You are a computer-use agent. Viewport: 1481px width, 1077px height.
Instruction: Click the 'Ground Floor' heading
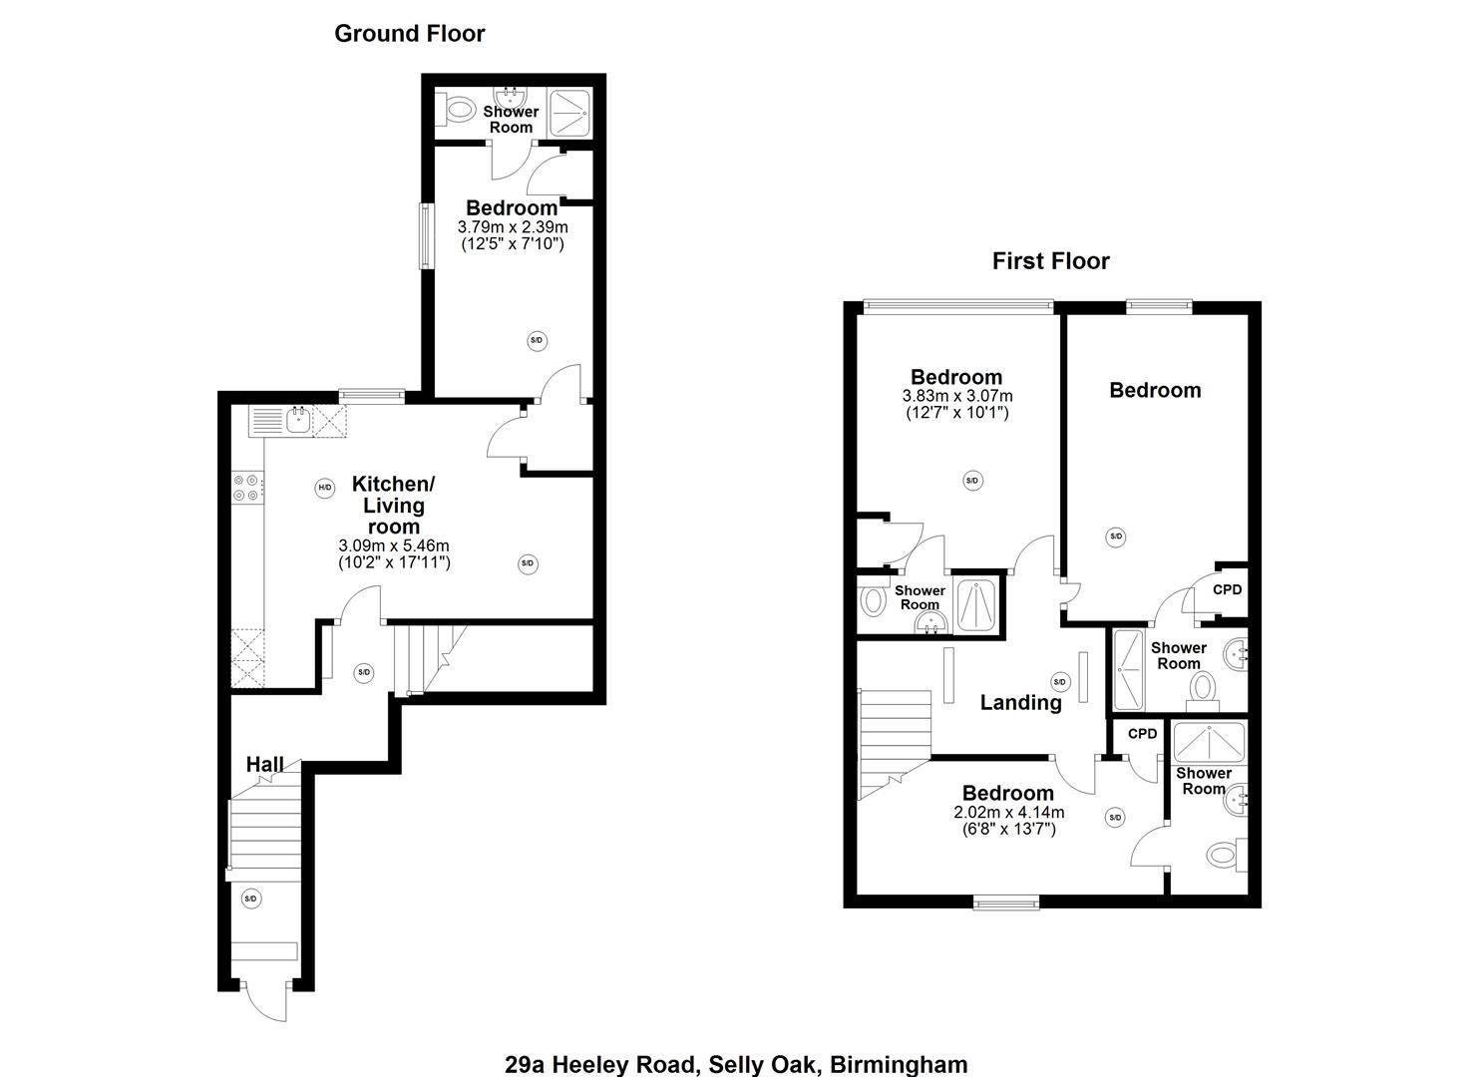point(409,33)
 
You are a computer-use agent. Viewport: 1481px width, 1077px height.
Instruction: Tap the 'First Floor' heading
point(1050,261)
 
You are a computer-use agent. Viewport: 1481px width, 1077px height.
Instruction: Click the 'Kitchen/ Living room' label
point(393,505)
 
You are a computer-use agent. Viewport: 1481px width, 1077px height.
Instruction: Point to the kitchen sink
point(297,420)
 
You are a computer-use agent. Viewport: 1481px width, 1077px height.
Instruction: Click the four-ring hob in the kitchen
point(247,488)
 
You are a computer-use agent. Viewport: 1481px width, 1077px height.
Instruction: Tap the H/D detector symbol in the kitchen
point(324,488)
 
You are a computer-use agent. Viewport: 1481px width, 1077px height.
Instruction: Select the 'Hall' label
point(265,765)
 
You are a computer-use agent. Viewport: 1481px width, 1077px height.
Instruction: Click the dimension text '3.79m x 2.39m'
point(512,227)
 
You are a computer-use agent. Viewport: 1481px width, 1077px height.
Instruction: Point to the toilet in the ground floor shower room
point(459,109)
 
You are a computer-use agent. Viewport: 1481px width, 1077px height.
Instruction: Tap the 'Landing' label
point(1020,702)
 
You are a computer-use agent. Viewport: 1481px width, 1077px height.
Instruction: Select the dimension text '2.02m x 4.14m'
point(1008,813)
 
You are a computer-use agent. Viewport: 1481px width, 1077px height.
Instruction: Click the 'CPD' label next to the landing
point(1142,733)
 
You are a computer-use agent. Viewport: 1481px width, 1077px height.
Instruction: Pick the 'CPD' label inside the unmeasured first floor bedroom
point(1227,589)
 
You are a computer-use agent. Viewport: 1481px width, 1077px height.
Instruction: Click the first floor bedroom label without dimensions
point(1155,390)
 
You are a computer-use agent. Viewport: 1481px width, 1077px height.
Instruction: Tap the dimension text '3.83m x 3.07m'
point(956,396)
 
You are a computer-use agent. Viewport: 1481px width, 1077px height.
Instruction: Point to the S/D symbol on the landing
point(1059,682)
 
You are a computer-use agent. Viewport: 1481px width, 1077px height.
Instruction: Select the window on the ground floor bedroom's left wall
point(425,235)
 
